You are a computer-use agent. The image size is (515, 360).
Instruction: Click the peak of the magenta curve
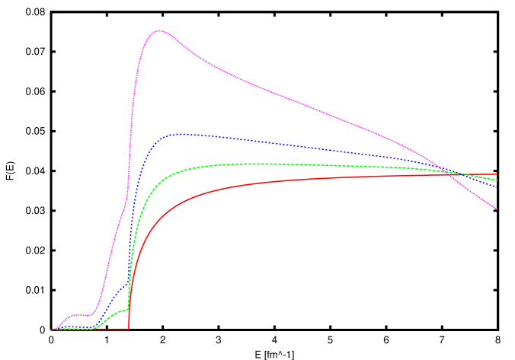coord(159,30)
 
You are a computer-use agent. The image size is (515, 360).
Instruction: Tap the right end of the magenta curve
coord(497,209)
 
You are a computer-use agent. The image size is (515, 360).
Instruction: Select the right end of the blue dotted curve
coord(497,187)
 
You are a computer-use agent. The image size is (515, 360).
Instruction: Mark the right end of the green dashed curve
coord(497,180)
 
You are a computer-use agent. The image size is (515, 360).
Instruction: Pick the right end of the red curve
coord(497,174)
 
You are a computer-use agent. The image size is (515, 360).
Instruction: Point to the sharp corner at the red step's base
coord(129,329)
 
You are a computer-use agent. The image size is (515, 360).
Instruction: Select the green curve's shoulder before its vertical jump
coord(122,311)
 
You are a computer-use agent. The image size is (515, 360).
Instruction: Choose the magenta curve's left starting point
coord(52,330)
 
